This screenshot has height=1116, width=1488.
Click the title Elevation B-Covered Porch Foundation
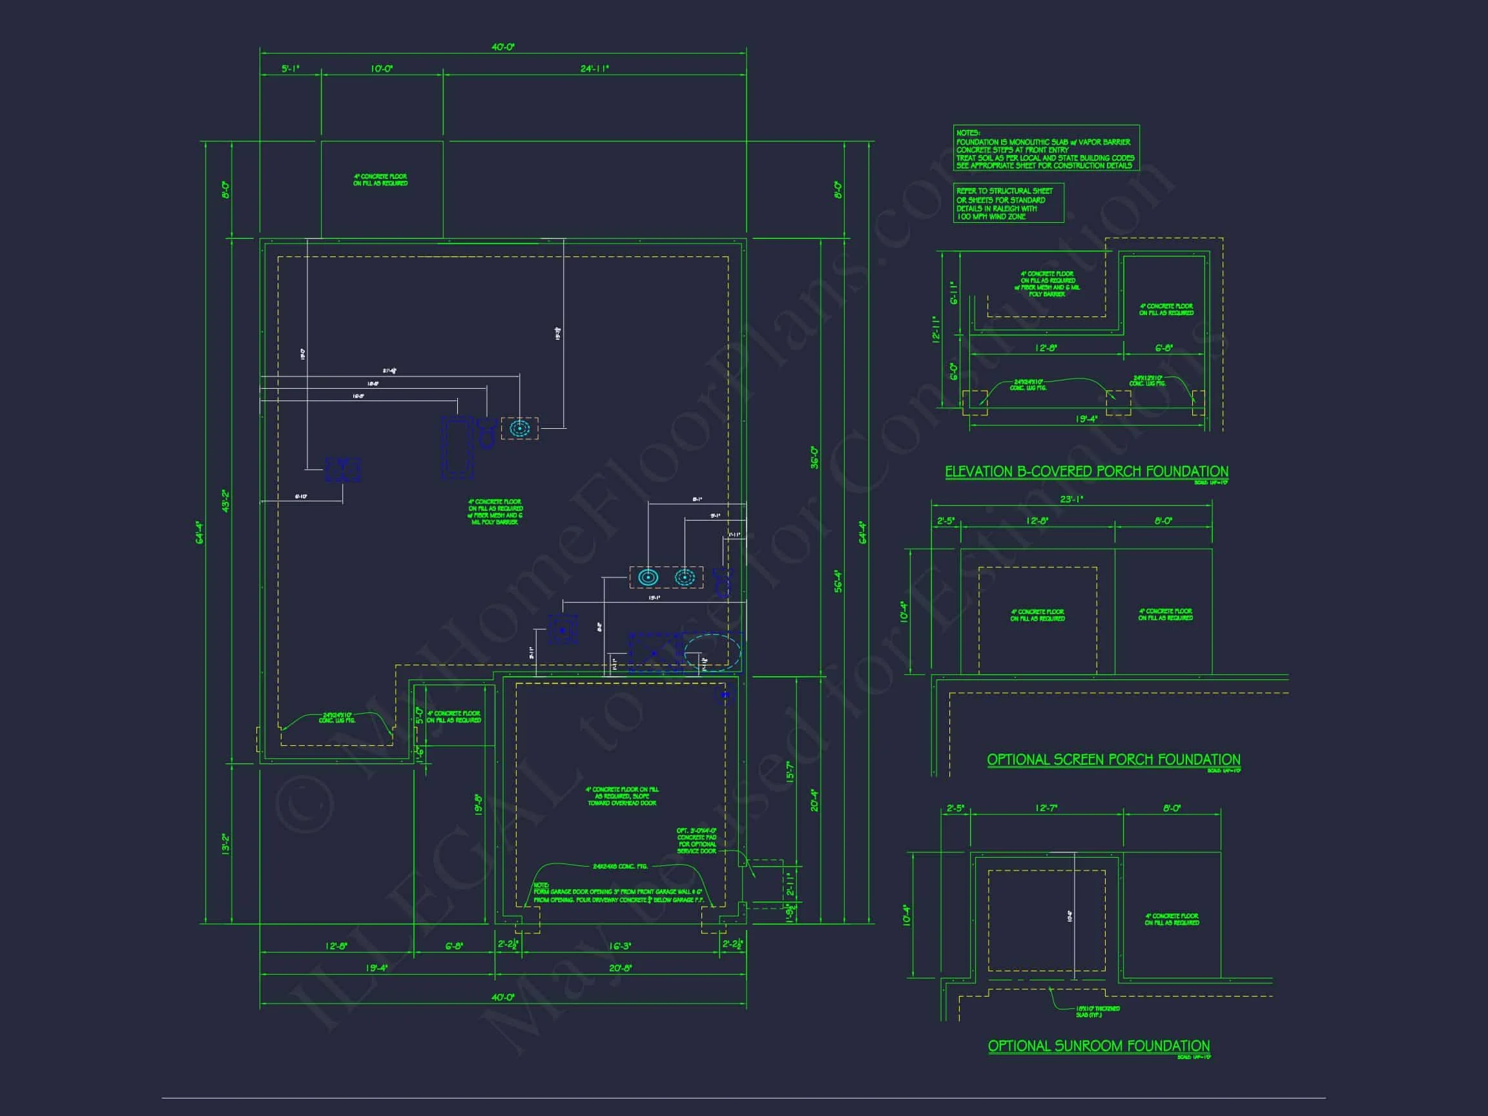[x=1086, y=471]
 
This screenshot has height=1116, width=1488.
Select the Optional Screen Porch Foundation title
[x=1113, y=759]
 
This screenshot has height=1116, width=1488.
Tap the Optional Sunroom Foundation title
[x=1099, y=1046]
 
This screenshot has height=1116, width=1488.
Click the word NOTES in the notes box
[x=968, y=133]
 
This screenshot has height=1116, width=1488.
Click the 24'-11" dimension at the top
[x=595, y=68]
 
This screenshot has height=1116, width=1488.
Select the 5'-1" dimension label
[x=290, y=68]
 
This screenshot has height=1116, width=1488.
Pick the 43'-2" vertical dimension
[x=226, y=501]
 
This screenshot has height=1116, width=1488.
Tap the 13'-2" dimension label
[x=226, y=843]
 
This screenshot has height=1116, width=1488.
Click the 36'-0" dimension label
[x=814, y=457]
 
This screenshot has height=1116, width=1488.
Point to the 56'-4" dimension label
[x=838, y=581]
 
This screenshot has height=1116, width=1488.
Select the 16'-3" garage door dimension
[x=619, y=945]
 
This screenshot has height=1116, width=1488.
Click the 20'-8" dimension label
[x=619, y=968]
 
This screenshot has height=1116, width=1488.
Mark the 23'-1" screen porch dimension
[x=1071, y=499]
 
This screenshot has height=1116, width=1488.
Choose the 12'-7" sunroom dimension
[x=1046, y=809]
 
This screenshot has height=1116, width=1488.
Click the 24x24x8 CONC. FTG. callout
[x=619, y=867]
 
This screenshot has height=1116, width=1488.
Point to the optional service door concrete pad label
[x=696, y=841]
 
